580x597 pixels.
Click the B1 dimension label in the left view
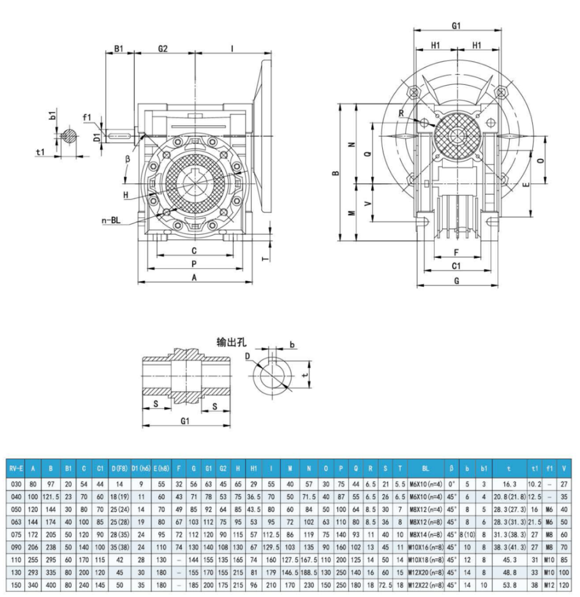(119, 49)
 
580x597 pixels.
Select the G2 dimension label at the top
(162, 49)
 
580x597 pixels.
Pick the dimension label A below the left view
(193, 277)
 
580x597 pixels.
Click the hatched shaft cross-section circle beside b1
(69, 136)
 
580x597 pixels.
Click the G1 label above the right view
(456, 27)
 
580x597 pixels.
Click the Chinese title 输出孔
(232, 342)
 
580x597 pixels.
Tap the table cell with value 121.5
(50, 495)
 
